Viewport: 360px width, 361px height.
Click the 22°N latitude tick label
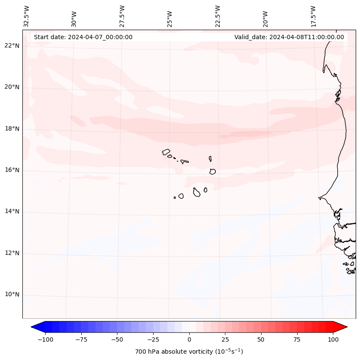coord(12,46)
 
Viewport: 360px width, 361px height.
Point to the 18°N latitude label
coord(12,129)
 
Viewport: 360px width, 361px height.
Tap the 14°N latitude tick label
coord(12,211)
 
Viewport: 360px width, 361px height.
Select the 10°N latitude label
coord(12,294)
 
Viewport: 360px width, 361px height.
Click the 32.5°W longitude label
coord(27,16)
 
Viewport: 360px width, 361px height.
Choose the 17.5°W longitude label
coord(313,16)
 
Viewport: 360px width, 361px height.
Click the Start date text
coord(83,37)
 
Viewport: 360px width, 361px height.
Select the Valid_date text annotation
coord(289,37)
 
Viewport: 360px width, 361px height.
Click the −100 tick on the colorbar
coord(45,339)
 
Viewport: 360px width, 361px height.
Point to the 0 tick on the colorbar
coord(189,339)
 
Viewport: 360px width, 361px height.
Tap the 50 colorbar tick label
coord(261,339)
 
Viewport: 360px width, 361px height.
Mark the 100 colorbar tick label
coord(333,339)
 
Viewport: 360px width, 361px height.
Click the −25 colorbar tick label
coord(153,339)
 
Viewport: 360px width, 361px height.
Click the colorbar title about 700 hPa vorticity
coord(189,352)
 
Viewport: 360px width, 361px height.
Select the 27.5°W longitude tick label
coord(122,16)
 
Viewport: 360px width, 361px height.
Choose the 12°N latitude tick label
coord(12,253)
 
